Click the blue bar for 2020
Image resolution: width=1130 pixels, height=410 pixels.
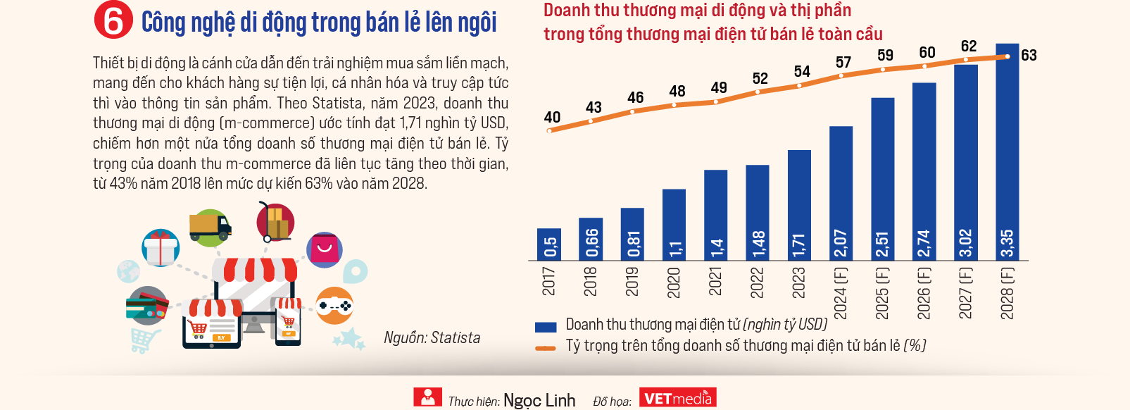point(674,225)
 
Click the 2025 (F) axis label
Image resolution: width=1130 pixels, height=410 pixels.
point(882,293)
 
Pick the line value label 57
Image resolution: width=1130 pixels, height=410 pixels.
point(843,63)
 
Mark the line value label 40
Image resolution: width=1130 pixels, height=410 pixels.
point(553,117)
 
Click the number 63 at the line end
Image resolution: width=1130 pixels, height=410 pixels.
point(1029,55)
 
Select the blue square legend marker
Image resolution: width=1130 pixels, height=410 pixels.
point(546,326)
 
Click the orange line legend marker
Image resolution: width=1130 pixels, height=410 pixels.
point(546,347)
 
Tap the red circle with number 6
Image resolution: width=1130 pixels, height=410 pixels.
point(113,21)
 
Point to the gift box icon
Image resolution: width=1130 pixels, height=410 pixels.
point(161,248)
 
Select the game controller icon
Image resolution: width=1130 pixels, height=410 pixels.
point(334,306)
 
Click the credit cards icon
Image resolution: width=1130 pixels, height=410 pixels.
point(146,306)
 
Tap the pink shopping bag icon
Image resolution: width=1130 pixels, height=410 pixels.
point(325,249)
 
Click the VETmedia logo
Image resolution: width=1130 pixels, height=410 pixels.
point(677,398)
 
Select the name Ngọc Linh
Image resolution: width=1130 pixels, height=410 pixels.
point(539,400)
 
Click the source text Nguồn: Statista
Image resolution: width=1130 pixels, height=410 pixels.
point(432,338)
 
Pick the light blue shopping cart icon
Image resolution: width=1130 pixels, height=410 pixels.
point(143,340)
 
